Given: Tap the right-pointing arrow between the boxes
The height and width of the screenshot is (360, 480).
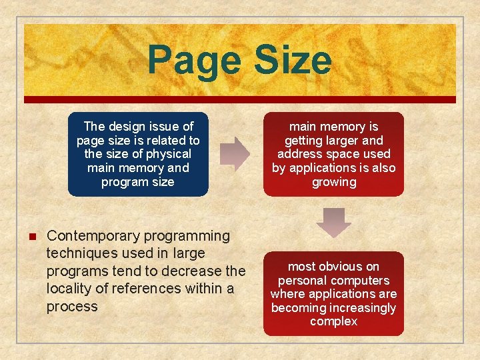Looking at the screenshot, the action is point(234,153).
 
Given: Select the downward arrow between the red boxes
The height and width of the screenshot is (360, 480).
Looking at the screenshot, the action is point(333,223).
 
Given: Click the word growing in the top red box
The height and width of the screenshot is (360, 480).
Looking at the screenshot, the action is point(334,182).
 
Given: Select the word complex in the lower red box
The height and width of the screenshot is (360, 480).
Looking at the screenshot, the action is point(334,322).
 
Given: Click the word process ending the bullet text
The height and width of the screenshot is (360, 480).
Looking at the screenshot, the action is point(72,307).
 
